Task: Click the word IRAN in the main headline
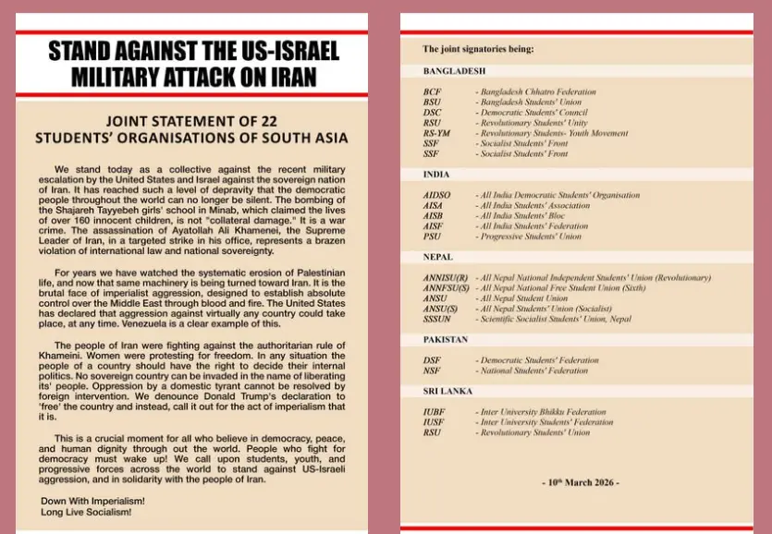[x=288, y=76]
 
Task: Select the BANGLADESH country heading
[x=455, y=71]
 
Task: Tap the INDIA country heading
[x=436, y=175]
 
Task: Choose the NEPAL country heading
[x=437, y=257]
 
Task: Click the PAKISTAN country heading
[x=446, y=340]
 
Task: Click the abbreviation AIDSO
[x=438, y=196]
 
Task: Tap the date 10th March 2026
[x=580, y=483]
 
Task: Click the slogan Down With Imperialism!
[x=92, y=501]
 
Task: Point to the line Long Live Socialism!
[x=86, y=511]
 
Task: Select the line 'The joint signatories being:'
[x=478, y=48]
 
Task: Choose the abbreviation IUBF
[x=434, y=412]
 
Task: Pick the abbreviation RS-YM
[x=437, y=134]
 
